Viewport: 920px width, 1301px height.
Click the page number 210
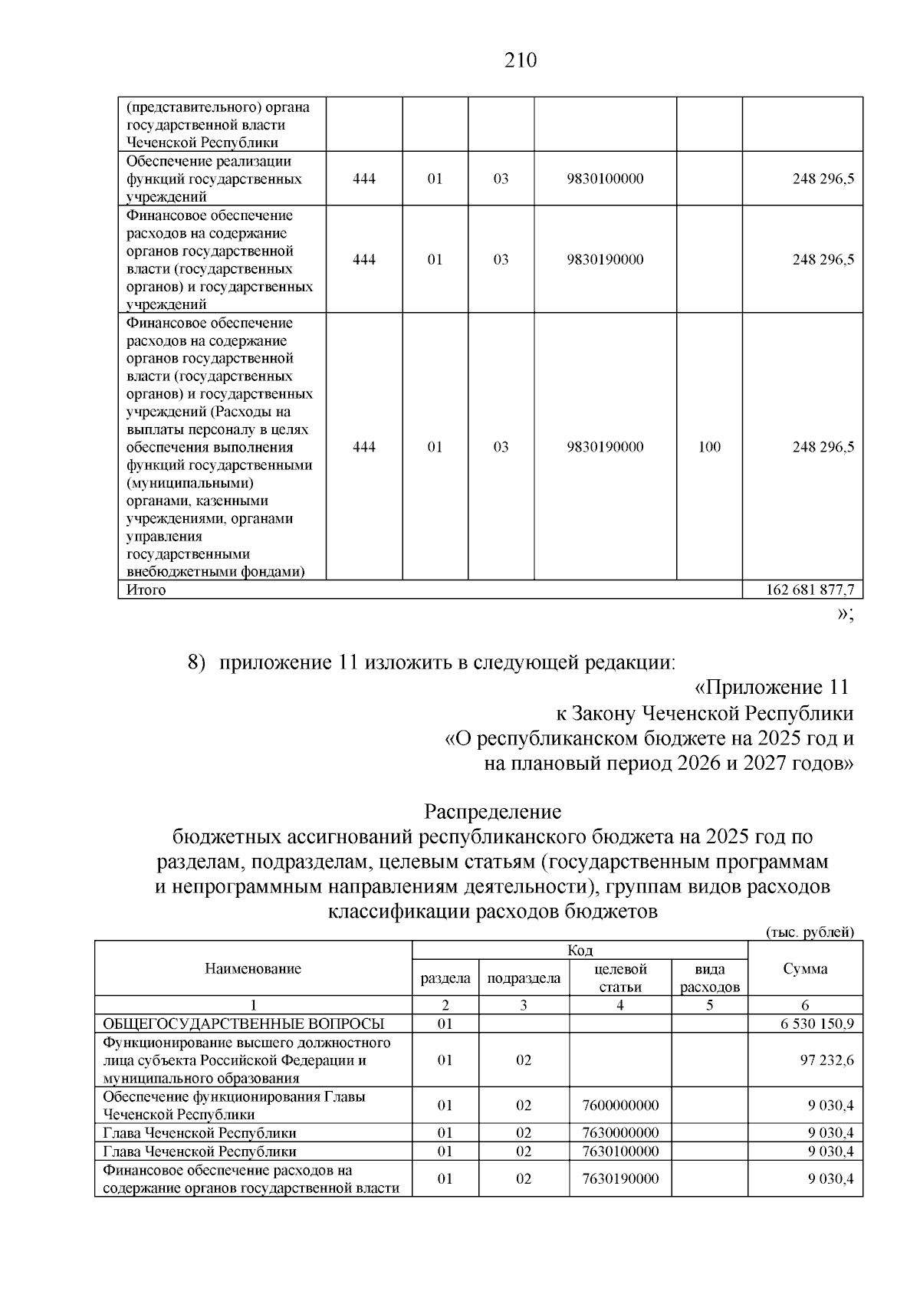click(521, 61)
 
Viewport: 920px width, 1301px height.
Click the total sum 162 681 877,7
click(810, 590)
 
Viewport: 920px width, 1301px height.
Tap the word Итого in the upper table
click(146, 590)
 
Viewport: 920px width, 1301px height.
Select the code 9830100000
click(605, 179)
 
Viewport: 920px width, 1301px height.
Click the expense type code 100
click(709, 447)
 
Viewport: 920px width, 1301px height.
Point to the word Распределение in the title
click(493, 811)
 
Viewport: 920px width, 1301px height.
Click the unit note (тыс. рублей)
click(810, 932)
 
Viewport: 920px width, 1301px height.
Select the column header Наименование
click(253, 968)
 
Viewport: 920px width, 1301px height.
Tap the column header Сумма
click(805, 968)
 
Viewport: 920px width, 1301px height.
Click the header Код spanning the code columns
click(580, 951)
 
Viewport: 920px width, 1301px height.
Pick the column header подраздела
click(524, 978)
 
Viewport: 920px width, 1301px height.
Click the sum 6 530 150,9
click(817, 1023)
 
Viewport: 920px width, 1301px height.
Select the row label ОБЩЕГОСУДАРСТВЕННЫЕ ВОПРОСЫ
click(244, 1023)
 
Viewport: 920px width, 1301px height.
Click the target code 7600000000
click(620, 1106)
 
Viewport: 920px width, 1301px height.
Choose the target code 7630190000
click(620, 1178)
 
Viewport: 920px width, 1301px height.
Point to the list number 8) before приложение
click(198, 662)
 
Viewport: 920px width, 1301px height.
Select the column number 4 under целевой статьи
click(620, 1005)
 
